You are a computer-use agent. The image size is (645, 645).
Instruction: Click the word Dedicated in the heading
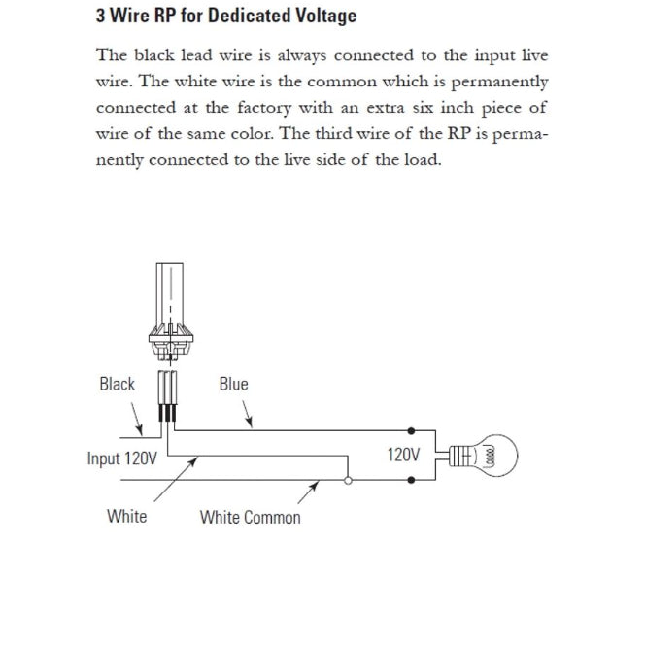click(236, 17)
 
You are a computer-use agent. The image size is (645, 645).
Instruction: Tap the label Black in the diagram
click(117, 384)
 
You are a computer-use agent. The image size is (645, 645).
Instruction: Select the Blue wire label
click(233, 384)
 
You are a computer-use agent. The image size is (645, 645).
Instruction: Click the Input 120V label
click(121, 458)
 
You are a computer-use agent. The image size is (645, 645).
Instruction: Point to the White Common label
click(250, 517)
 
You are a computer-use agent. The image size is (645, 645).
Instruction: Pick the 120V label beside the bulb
click(402, 455)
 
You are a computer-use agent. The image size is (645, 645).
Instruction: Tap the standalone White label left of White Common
click(126, 516)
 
